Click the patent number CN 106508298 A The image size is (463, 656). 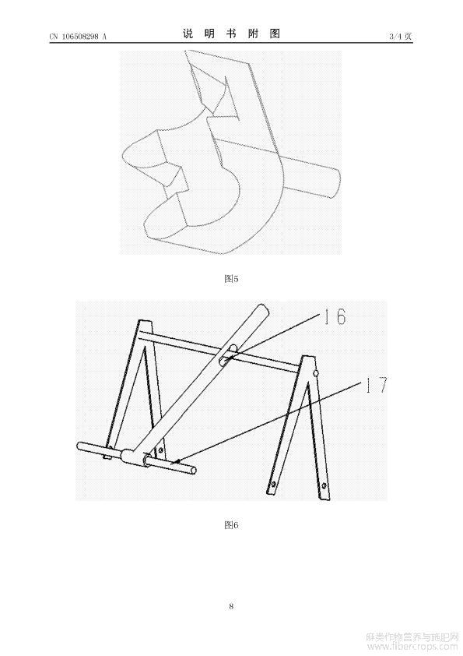(78, 37)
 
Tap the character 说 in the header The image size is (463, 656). (188, 34)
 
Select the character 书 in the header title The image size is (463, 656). (231, 34)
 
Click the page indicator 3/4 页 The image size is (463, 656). (400, 37)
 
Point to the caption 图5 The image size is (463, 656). (231, 279)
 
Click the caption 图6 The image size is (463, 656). (231, 525)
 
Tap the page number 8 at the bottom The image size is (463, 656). (231, 606)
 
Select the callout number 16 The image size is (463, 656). (335, 316)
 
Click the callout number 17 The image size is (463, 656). (377, 385)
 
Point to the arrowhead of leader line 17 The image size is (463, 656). (177, 461)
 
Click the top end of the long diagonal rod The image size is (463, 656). (262, 310)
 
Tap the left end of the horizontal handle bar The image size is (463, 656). (79, 446)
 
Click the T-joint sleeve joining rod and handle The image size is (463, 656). (128, 456)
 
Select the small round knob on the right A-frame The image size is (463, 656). (317, 372)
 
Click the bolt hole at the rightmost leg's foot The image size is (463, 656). (324, 486)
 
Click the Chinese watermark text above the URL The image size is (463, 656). (412, 637)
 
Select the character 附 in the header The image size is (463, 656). (253, 34)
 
